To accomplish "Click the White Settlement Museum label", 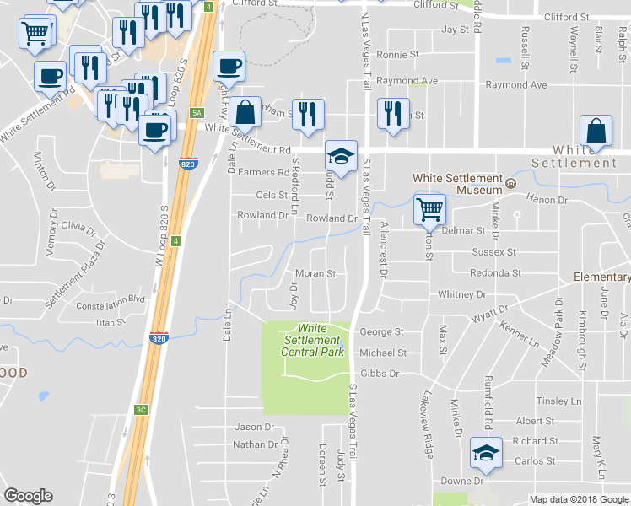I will (x=456, y=184).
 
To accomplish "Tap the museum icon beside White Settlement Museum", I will (x=510, y=184).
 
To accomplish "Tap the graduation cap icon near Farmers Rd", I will (x=341, y=157).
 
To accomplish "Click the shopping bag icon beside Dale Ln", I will (x=245, y=112).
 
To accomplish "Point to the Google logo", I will (x=28, y=496).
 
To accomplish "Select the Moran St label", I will (x=316, y=274).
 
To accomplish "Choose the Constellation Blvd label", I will (x=111, y=299).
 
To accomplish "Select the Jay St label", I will (x=455, y=30).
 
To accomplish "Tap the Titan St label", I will (x=109, y=322).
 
